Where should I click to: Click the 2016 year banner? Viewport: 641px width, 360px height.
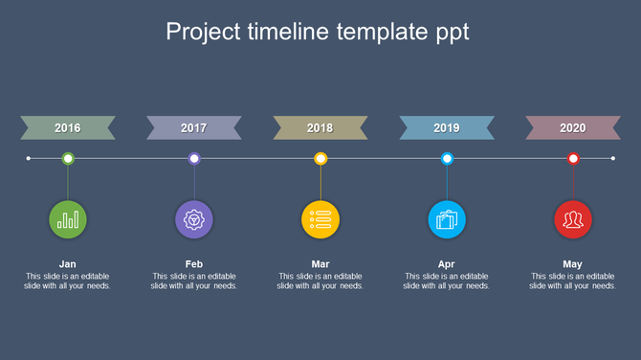click(68, 127)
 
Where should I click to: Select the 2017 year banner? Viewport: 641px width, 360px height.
click(194, 127)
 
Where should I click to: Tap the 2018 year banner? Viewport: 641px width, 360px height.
click(320, 127)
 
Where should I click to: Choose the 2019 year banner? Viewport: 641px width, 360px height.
click(447, 127)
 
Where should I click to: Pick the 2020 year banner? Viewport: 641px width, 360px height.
click(573, 127)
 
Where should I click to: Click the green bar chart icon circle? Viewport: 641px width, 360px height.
click(68, 220)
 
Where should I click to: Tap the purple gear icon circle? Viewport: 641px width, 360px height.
click(194, 220)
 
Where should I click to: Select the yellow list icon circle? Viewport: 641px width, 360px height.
click(320, 220)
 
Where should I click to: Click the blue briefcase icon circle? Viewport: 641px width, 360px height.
click(447, 220)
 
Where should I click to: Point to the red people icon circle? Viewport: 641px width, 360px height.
click(573, 220)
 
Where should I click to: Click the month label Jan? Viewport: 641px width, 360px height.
click(68, 264)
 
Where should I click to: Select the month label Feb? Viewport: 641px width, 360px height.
click(194, 264)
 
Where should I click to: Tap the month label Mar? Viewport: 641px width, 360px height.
click(320, 264)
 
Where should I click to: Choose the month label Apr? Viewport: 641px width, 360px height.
click(447, 264)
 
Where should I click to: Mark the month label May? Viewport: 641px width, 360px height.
click(573, 264)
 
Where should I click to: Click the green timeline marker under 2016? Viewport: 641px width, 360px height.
click(68, 158)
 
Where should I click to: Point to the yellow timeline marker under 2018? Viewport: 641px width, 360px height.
click(320, 158)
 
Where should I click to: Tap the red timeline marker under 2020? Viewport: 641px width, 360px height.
click(573, 158)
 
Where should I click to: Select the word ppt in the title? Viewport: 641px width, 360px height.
click(448, 33)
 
